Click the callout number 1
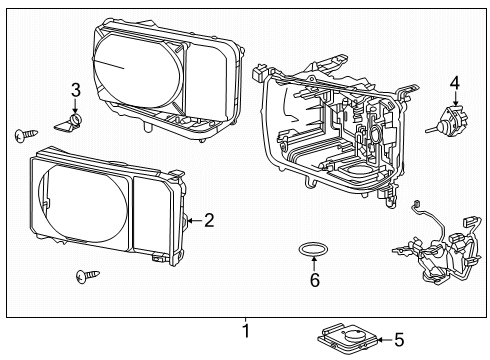click(246, 331)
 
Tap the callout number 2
click(209, 220)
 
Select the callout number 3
click(76, 90)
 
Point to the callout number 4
click(455, 83)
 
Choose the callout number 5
click(399, 340)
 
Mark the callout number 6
click(315, 279)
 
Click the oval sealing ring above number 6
click(313, 249)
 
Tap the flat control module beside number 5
click(347, 338)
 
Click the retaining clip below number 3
click(68, 124)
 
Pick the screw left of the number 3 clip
click(26, 134)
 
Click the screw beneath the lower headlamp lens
click(87, 276)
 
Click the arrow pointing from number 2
click(195, 220)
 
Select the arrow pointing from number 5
click(385, 340)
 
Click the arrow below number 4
click(455, 98)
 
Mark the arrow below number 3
click(75, 106)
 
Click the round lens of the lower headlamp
click(83, 203)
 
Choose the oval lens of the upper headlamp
click(137, 70)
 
